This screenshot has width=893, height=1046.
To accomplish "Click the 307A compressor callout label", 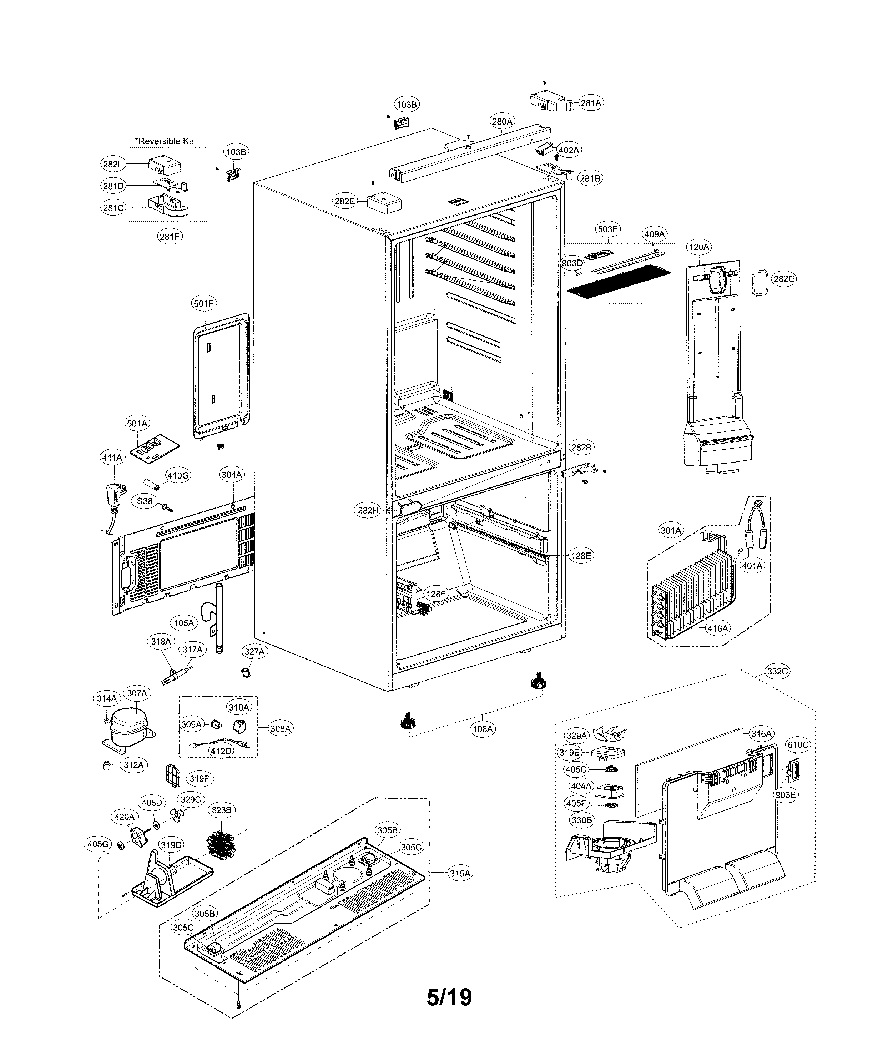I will coord(137,693).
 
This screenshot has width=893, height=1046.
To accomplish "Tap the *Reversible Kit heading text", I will coord(164,141).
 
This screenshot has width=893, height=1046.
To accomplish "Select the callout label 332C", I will coord(777,671).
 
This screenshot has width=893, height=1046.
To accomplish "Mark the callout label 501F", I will coord(204,303).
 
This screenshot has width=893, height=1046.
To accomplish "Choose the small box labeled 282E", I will coord(383,203).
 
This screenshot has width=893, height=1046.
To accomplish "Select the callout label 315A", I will coord(460,873).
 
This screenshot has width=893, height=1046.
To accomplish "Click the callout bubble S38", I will coord(145,501).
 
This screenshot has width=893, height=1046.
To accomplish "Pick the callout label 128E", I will coord(581,555).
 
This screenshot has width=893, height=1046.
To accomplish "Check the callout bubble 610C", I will coord(798,744).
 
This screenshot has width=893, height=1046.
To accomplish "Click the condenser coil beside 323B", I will coord(221,843).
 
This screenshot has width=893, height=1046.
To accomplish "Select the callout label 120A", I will coord(699,247).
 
